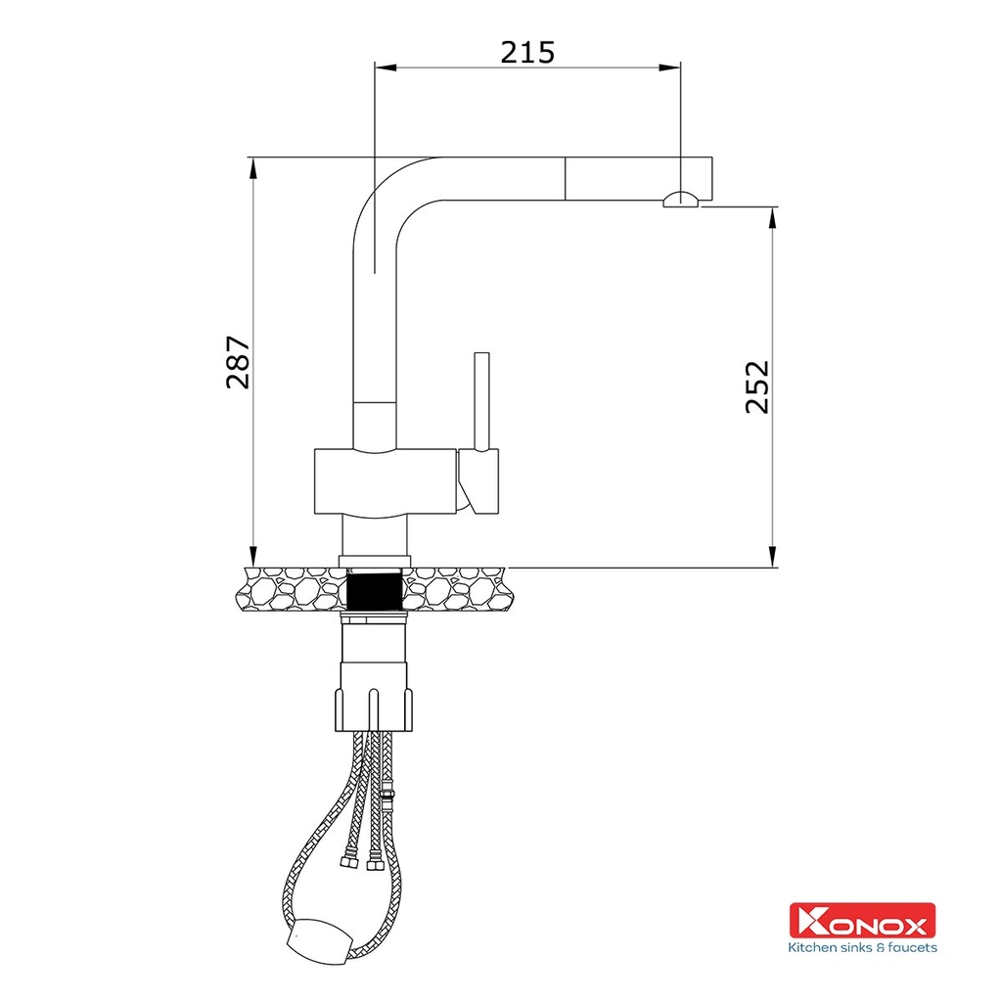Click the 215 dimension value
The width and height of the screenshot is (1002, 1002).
(527, 52)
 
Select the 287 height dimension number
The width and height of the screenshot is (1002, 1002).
(239, 362)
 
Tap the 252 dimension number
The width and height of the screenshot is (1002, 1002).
(758, 387)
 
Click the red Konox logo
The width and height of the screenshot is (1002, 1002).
(862, 920)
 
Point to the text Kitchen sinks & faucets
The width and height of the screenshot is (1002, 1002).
(862, 947)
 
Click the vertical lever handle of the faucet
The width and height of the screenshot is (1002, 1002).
(481, 401)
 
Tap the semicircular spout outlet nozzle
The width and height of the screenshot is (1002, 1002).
(681, 199)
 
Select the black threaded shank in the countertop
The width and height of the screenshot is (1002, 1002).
(375, 592)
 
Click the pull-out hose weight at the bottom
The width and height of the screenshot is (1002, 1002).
(320, 939)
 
